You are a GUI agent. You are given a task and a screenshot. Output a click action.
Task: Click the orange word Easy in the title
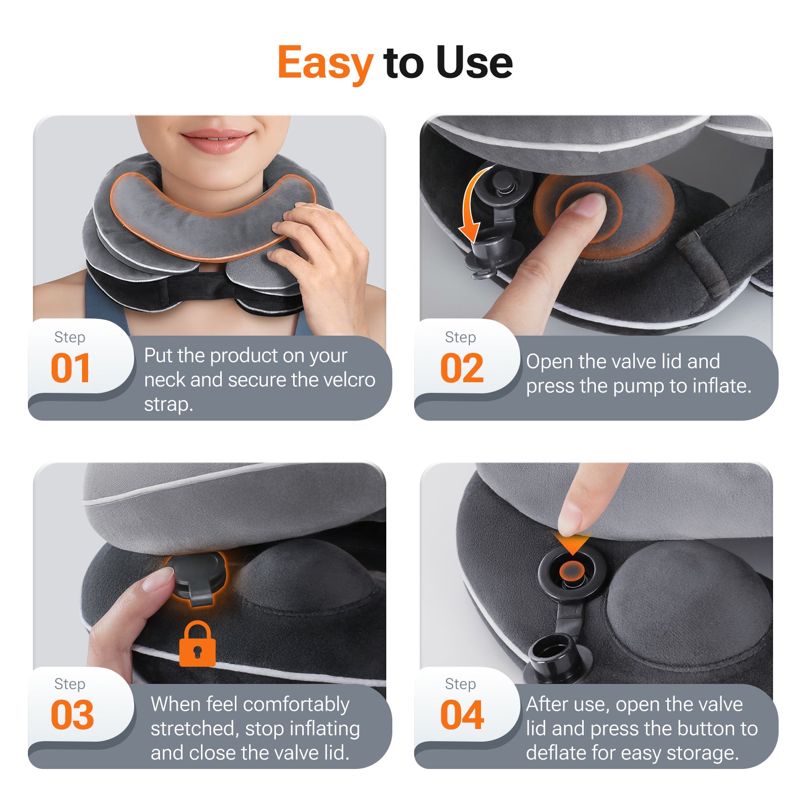coord(325,63)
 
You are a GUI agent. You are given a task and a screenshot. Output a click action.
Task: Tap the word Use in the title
coord(474,62)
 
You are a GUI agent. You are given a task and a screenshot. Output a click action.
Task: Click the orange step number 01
coord(70,368)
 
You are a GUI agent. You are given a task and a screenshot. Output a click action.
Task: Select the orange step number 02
coord(462,368)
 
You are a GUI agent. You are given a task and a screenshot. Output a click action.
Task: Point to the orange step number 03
coord(72,715)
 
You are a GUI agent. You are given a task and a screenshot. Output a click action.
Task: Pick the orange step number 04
coord(462,715)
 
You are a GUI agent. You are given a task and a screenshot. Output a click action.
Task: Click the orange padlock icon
coord(197,644)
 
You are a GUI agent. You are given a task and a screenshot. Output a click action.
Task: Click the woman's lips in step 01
coord(217,140)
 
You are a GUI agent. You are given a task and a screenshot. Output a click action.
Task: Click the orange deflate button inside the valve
coord(572,571)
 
